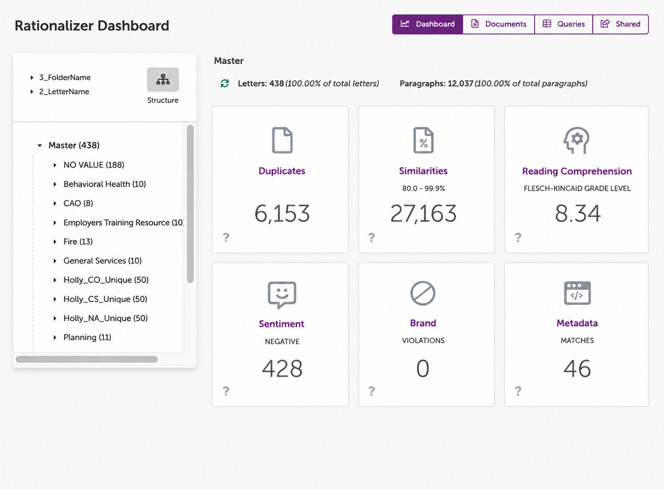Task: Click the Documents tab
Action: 499,24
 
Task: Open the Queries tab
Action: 564,24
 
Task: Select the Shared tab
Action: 620,24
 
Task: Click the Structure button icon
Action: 163,80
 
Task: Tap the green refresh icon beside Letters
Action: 225,83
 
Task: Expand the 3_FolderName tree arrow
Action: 32,78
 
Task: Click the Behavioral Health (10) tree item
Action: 104,184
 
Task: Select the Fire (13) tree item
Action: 78,242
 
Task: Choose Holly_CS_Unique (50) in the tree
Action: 105,299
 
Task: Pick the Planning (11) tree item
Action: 87,337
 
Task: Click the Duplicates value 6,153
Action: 282,214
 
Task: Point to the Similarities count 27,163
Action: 423,214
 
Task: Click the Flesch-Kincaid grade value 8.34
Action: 577,214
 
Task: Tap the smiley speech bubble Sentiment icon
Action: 282,295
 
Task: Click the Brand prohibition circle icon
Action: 423,293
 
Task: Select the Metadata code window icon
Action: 577,293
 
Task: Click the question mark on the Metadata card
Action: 518,391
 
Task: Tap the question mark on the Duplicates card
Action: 226,237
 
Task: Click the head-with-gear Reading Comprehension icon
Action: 576,140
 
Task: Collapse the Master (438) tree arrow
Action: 40,145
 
